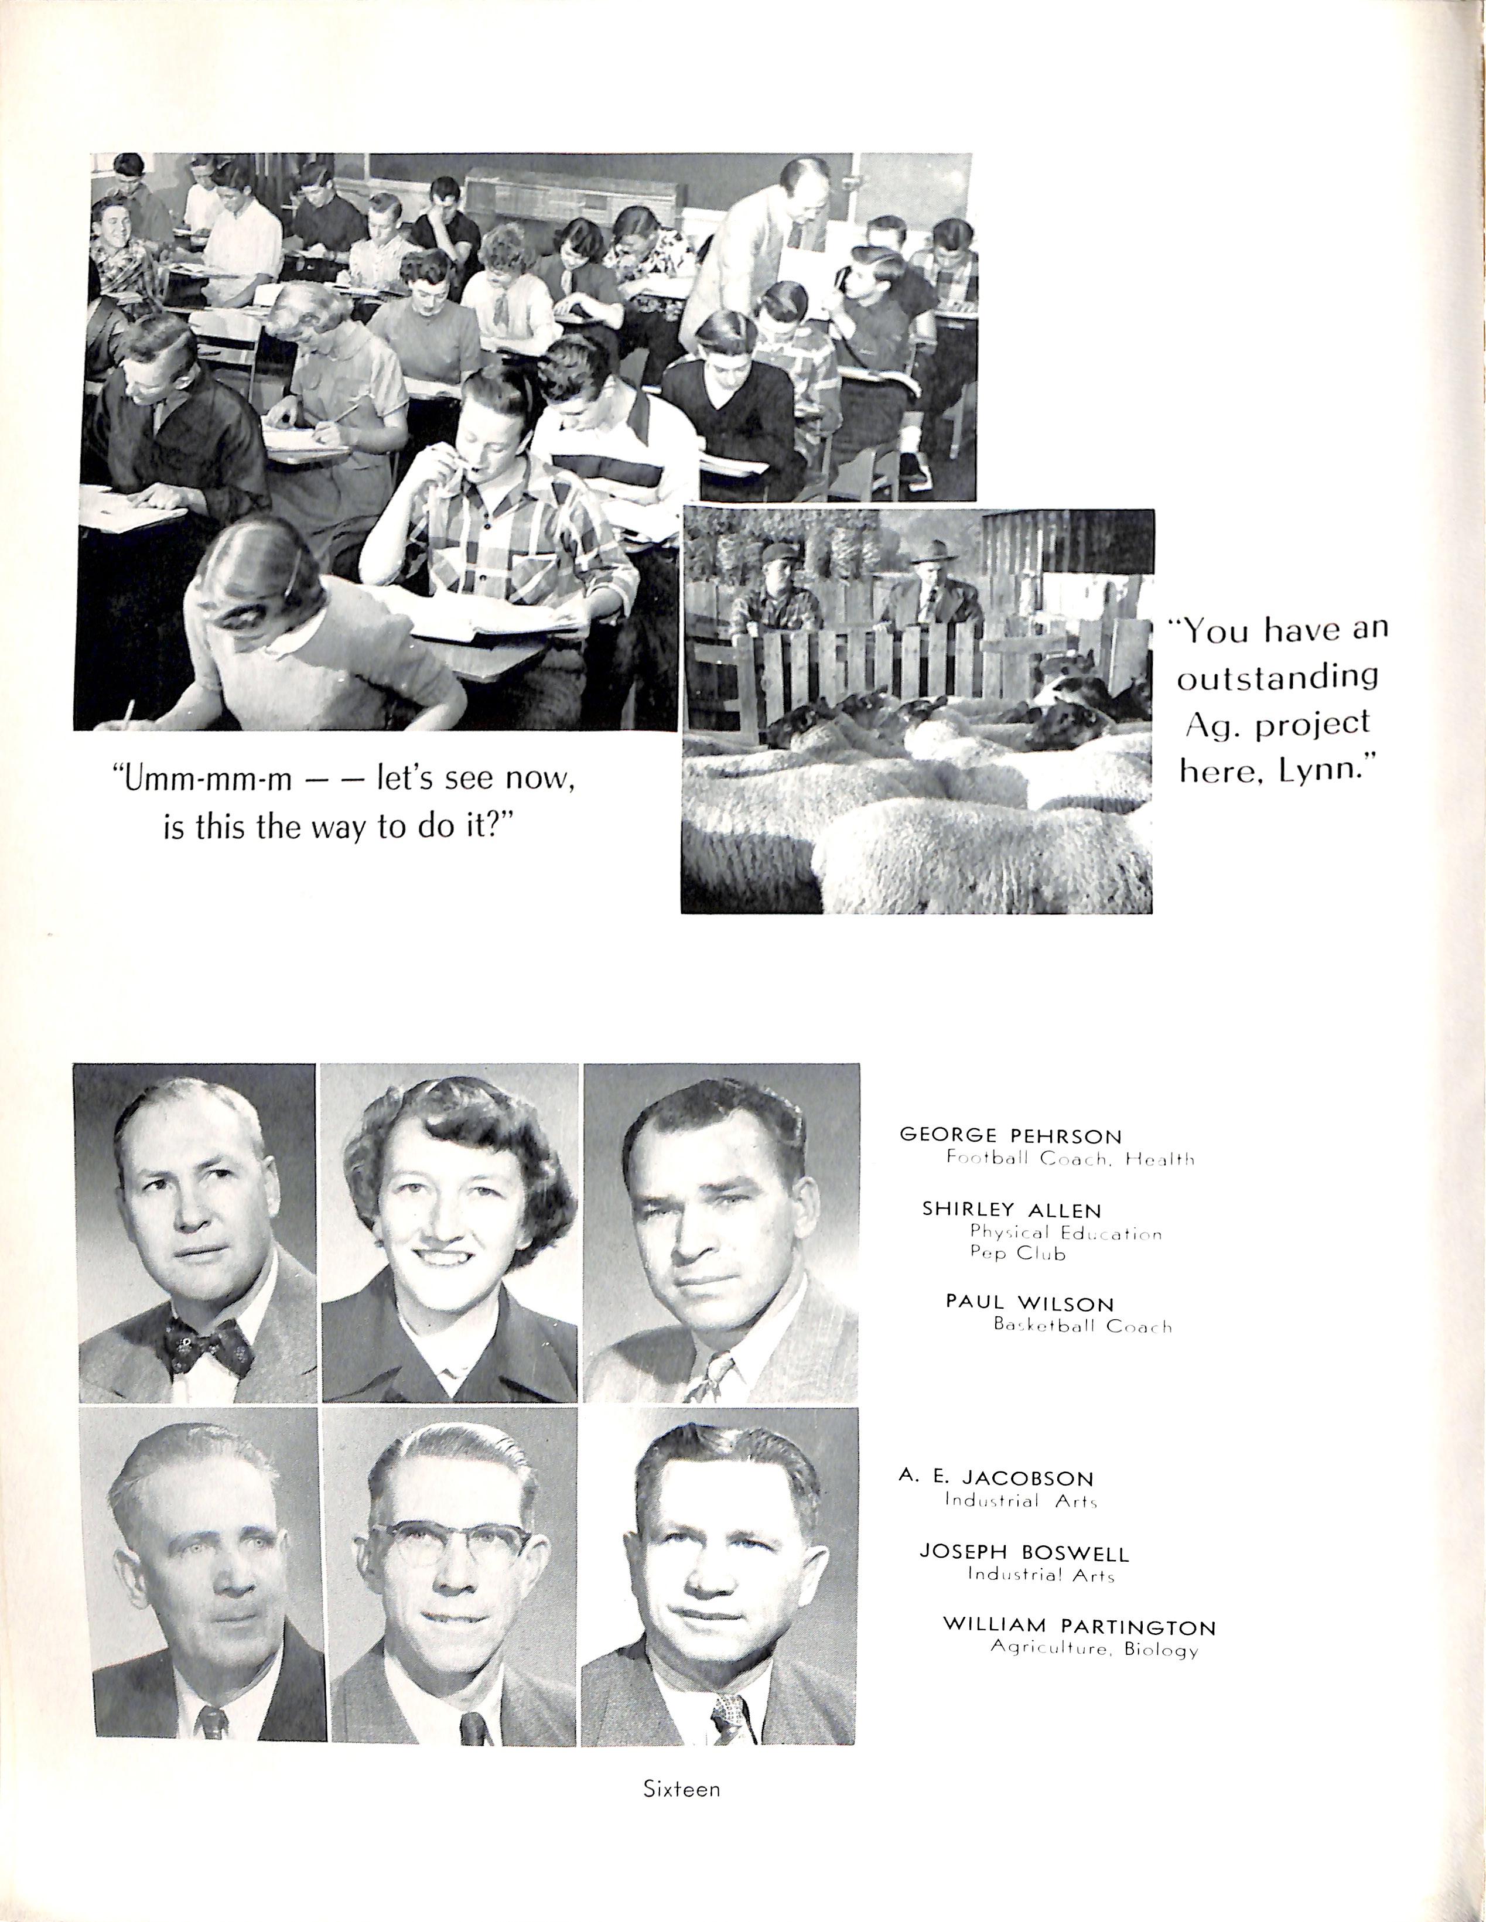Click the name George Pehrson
(x=1010, y=1135)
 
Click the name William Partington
(x=1079, y=1626)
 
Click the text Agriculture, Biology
(x=1094, y=1648)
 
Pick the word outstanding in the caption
(x=1277, y=677)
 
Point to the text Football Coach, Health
(x=1070, y=1159)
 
